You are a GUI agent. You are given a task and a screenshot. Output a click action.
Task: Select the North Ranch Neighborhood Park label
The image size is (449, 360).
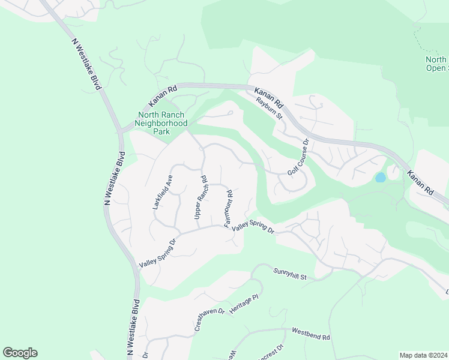[x=162, y=122]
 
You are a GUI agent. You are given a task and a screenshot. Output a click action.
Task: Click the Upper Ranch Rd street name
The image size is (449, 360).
[x=200, y=197]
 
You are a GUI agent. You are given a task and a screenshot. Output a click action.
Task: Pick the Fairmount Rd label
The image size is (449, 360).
[x=228, y=208]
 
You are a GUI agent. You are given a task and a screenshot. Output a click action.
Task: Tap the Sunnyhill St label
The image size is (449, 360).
[x=290, y=274]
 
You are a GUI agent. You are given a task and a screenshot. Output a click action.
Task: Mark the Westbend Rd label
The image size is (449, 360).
[x=311, y=334]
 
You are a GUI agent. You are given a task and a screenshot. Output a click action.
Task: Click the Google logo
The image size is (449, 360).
[x=20, y=353]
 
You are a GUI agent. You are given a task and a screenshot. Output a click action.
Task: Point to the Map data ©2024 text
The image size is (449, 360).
[x=423, y=355]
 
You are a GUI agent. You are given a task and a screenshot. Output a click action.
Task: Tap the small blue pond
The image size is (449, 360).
[x=380, y=178]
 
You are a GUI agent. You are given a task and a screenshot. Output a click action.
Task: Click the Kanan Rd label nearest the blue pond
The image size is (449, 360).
[x=420, y=182]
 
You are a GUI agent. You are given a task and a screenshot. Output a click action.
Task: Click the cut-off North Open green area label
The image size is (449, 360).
[x=436, y=64]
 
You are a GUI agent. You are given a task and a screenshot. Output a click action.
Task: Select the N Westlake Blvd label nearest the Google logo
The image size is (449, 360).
[x=133, y=327]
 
